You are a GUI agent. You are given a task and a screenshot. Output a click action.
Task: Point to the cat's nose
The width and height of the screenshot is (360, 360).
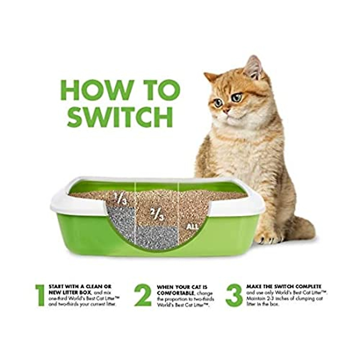(x=227, y=110)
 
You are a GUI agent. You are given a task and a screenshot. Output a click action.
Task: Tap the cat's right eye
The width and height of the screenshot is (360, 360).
(x=218, y=103)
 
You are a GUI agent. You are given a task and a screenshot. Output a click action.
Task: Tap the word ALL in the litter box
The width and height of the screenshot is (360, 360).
(x=192, y=227)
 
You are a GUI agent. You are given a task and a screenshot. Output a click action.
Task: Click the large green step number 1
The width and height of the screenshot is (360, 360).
(x=40, y=295)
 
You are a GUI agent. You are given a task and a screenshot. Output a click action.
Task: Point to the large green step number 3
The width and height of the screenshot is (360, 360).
(x=234, y=295)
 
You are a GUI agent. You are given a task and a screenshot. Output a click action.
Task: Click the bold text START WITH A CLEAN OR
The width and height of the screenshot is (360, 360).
(x=79, y=287)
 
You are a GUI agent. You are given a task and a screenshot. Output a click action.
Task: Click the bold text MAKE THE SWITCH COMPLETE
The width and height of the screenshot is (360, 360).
(x=283, y=286)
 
